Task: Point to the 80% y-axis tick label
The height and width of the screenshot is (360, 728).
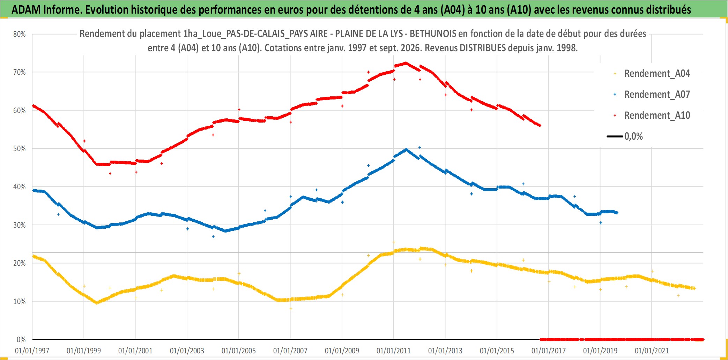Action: point(20,34)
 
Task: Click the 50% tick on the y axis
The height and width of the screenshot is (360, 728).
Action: point(20,149)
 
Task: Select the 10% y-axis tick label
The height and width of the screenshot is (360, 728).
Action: point(20,302)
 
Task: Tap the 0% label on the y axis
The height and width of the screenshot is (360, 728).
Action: point(21,340)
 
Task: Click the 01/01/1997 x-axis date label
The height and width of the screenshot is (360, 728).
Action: point(32,351)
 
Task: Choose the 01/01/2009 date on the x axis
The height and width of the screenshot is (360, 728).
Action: point(342,351)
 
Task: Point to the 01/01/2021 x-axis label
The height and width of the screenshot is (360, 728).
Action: point(652,351)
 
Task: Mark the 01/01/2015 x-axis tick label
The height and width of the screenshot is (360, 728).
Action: point(497,351)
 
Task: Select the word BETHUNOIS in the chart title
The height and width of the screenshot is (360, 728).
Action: point(433,34)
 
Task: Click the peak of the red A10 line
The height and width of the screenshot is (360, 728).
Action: point(406,63)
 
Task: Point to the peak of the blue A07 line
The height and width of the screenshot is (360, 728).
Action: point(406,149)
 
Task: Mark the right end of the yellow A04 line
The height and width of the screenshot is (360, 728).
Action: point(694,288)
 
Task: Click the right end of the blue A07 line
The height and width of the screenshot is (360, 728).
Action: point(617,213)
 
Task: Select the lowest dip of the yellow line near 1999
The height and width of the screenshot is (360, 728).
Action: point(97,303)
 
